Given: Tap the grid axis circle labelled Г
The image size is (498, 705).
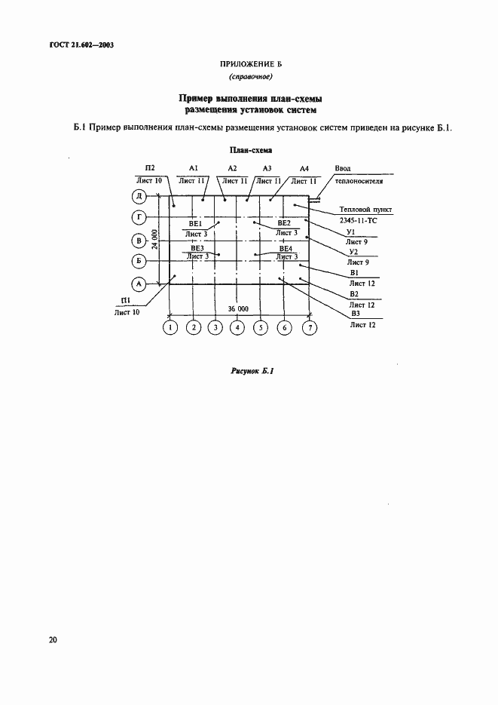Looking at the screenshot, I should [139, 219].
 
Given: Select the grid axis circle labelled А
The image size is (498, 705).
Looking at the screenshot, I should [139, 284].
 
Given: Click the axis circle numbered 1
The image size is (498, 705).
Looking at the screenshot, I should [170, 327].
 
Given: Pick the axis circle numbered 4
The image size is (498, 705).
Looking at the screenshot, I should [237, 327].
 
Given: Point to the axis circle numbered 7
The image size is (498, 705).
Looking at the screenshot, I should [309, 327].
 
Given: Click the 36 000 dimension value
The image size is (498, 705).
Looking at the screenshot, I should [238, 309].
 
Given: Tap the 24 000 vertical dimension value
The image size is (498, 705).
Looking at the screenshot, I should [154, 239].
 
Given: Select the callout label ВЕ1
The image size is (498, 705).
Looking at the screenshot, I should [195, 223].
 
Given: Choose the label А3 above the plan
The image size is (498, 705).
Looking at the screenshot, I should [267, 168].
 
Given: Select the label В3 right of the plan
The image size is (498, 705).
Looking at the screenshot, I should [355, 314].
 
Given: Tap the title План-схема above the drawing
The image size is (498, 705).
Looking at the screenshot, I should [249, 150].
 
